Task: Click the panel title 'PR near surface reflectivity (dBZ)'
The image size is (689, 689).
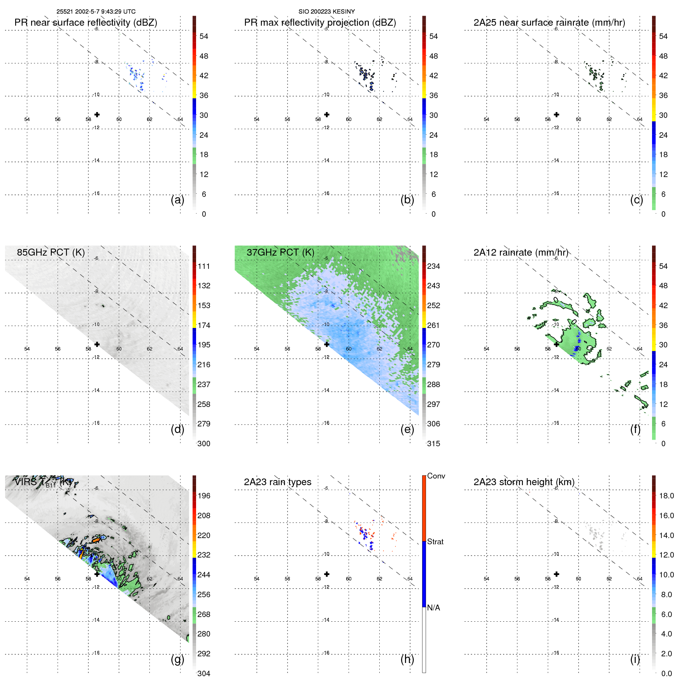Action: (x=86, y=23)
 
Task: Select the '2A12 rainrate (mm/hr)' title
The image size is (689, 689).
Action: (x=521, y=252)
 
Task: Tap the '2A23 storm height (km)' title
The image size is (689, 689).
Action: (x=524, y=482)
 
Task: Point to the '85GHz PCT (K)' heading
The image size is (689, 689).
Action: (x=51, y=252)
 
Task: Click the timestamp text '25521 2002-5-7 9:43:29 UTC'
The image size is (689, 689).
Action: (x=96, y=12)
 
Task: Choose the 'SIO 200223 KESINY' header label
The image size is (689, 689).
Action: (x=326, y=12)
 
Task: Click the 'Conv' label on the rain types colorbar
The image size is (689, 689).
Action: (x=436, y=476)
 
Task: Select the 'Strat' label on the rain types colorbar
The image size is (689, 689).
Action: (x=435, y=542)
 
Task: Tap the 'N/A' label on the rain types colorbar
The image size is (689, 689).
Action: (x=433, y=608)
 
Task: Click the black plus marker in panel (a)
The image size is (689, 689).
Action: (x=97, y=114)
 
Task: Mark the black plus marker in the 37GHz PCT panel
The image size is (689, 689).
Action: (x=327, y=344)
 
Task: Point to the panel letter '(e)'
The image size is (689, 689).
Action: (x=407, y=429)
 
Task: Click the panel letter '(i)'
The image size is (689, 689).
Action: (x=635, y=659)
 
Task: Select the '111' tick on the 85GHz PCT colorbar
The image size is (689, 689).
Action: (x=204, y=266)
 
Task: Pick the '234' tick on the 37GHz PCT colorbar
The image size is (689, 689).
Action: (x=433, y=266)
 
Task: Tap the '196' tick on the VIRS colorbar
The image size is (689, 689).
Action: (x=204, y=496)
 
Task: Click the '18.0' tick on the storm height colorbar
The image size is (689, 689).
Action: (x=666, y=496)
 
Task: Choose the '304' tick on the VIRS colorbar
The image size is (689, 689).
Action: (x=204, y=673)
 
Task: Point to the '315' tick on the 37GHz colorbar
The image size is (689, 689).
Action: (x=433, y=444)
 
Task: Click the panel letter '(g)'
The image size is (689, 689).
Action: (x=177, y=659)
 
